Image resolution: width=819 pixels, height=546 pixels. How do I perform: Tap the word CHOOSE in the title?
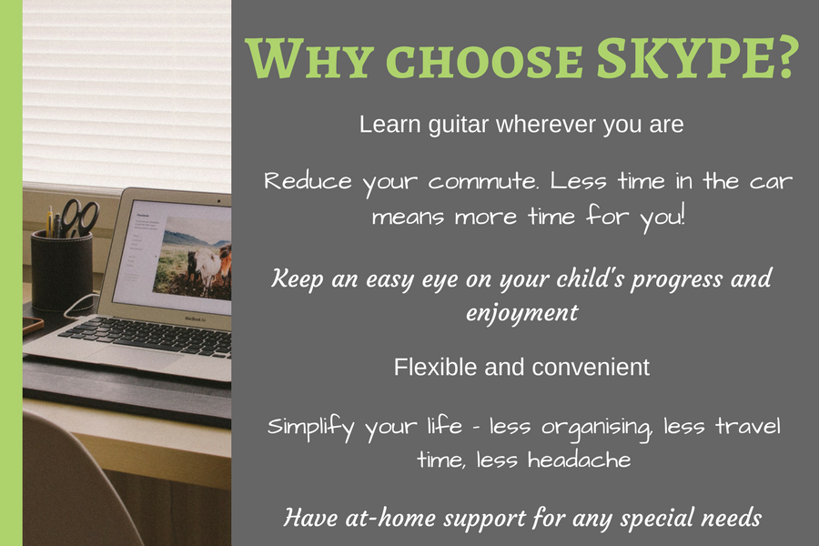484,60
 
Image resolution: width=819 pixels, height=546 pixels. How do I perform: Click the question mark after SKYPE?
786,57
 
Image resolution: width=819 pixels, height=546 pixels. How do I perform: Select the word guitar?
458,126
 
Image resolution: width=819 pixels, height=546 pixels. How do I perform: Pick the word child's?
591,278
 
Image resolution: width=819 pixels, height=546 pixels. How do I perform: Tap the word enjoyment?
521,313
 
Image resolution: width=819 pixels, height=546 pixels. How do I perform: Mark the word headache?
580,460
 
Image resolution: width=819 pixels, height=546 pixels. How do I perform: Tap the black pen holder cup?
62,270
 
